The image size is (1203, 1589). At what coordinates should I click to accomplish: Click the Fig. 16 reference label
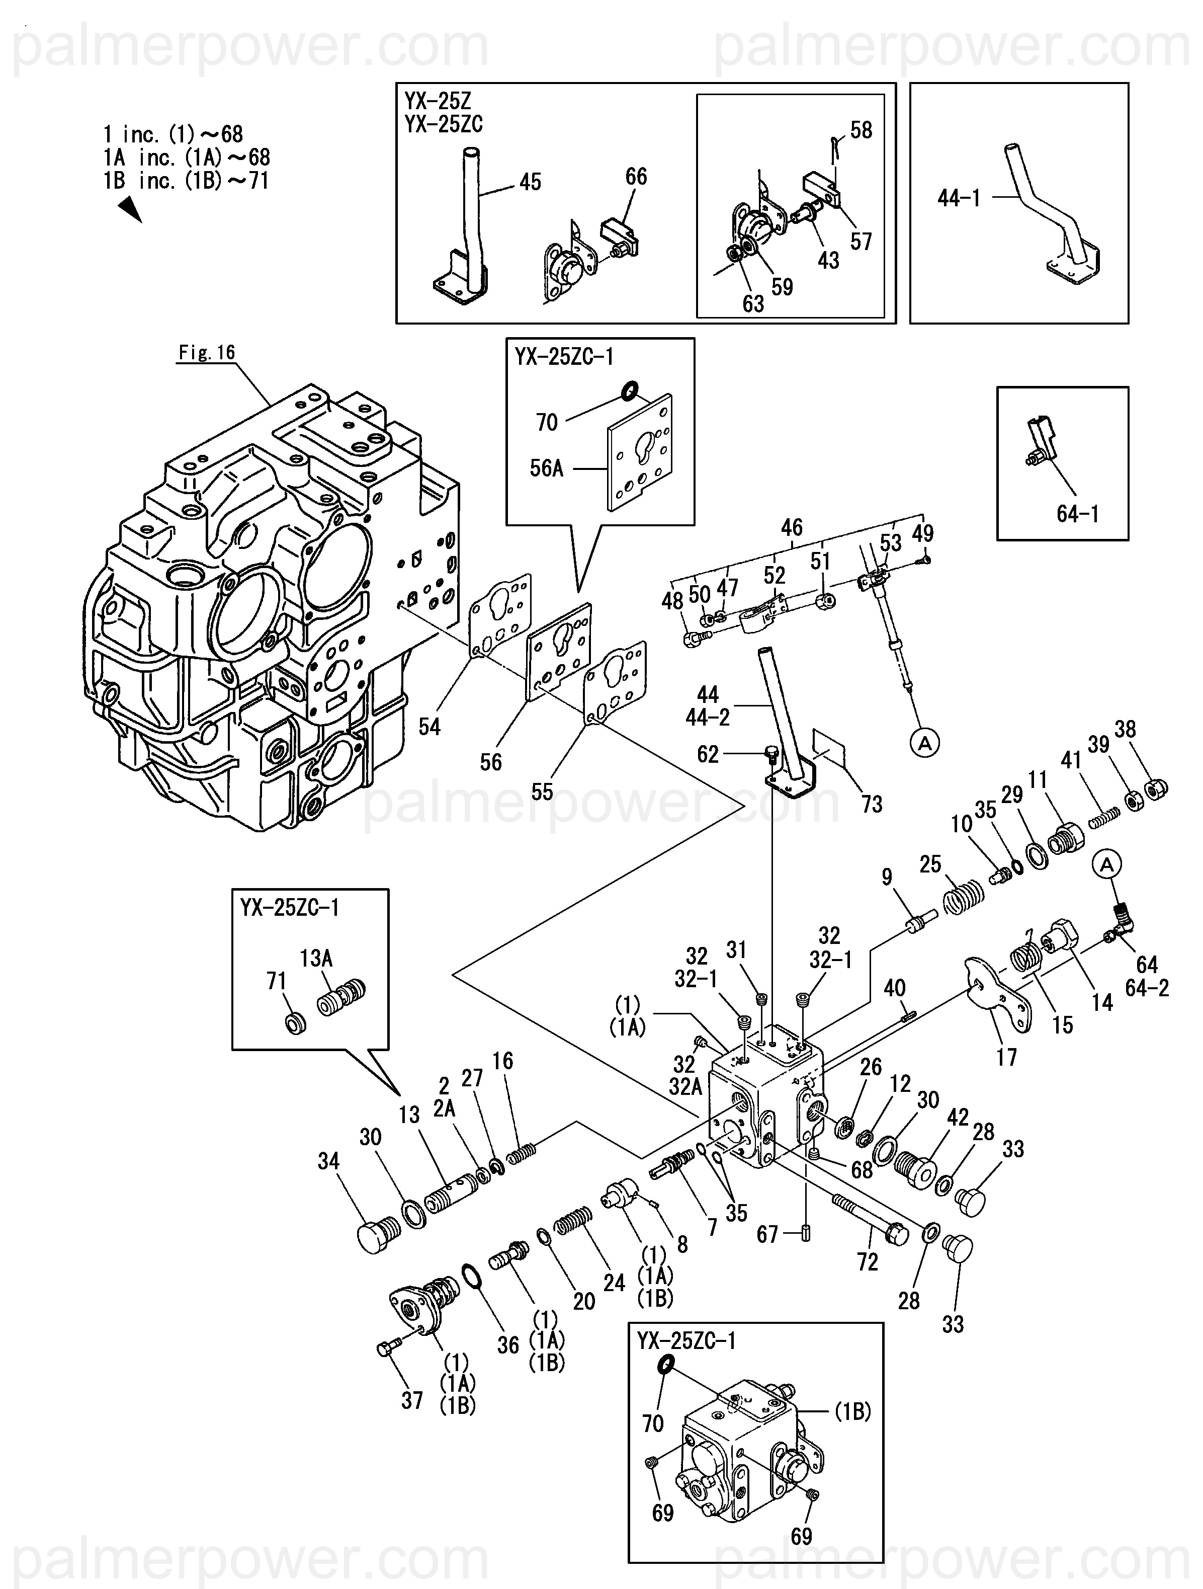coord(207,353)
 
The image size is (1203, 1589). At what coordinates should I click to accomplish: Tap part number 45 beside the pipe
coord(530,183)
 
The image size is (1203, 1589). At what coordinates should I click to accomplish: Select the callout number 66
coord(636,177)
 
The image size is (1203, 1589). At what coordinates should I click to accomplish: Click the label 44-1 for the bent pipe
coord(959,198)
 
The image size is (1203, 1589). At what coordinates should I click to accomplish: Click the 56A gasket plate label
coord(547,469)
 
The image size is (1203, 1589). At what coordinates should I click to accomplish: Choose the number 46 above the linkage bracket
coord(792,528)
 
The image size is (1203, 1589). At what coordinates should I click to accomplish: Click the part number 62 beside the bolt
coord(708,754)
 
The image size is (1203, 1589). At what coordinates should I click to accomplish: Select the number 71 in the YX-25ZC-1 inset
coord(277,981)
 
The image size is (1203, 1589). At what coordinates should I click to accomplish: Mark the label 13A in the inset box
coord(316,959)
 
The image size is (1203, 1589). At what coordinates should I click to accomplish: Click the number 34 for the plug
coord(328,1162)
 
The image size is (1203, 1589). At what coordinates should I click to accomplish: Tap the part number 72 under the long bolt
coord(867,1262)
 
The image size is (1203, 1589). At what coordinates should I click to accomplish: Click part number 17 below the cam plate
coord(1006,1058)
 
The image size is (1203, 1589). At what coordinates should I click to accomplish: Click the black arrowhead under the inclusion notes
coord(129,210)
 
